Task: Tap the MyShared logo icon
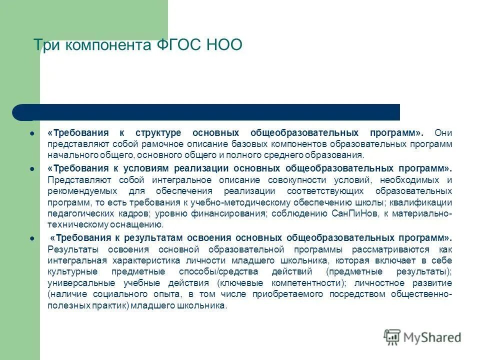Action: coord(392,337)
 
